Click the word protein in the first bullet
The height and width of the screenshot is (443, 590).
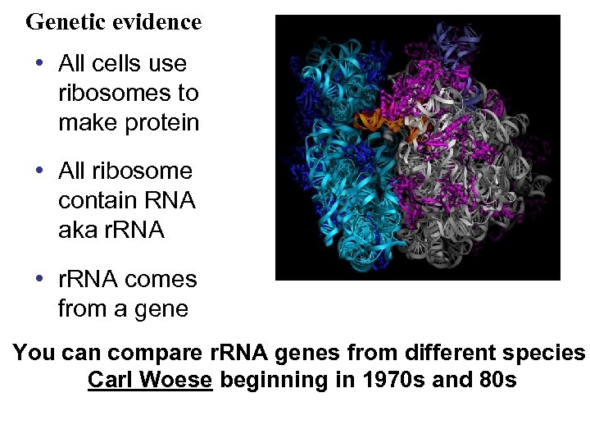point(161,122)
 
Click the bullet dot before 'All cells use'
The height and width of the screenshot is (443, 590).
point(39,63)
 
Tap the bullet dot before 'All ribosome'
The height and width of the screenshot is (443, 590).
point(39,171)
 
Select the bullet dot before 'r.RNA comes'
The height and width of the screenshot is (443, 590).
point(39,279)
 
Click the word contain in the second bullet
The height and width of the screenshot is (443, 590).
point(94,201)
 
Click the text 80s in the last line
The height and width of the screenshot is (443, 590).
point(498,381)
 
